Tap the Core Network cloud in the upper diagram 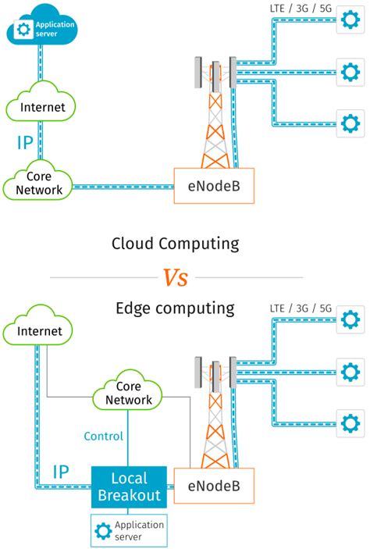[37, 183]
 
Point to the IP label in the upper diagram [26, 143]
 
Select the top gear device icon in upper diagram [350, 22]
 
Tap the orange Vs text [176, 276]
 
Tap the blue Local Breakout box [130, 487]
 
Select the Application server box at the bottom [130, 530]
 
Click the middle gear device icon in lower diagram [350, 370]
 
